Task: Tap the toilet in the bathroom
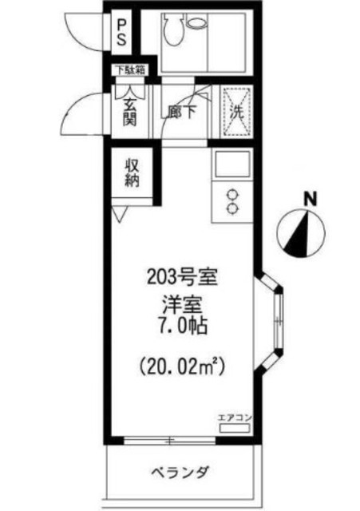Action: [x=173, y=30]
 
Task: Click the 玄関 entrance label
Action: [x=129, y=109]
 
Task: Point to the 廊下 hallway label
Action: [x=180, y=113]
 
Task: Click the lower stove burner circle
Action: [x=233, y=208]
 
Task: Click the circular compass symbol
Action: [x=300, y=231]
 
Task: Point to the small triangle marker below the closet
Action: [x=120, y=215]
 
